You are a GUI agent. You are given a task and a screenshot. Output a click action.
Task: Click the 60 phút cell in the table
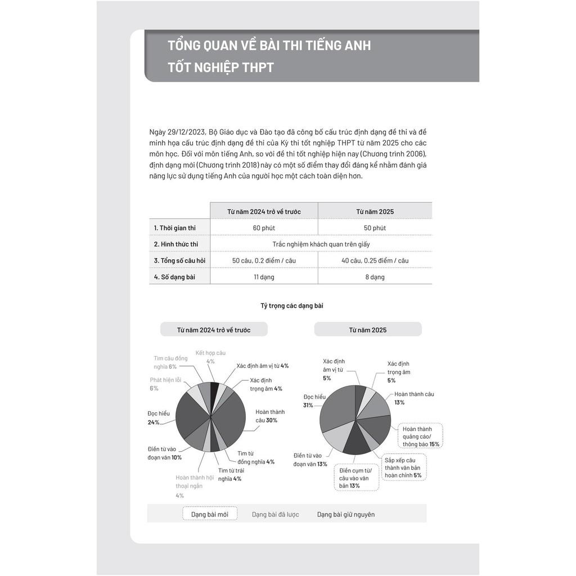[264, 228]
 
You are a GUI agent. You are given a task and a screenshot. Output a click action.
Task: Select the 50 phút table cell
[375, 228]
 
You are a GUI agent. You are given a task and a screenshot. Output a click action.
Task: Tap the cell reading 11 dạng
[264, 277]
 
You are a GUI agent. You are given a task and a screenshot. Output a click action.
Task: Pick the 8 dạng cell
[375, 277]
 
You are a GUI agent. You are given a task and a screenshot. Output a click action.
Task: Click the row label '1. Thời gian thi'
[174, 228]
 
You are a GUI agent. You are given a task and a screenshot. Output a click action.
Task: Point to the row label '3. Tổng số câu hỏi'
[179, 260]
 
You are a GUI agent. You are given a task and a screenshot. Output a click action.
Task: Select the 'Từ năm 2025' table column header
[375, 211]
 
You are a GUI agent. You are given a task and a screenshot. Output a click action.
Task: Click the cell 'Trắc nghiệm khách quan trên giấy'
[321, 244]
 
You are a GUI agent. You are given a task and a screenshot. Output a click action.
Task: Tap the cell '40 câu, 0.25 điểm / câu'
[375, 260]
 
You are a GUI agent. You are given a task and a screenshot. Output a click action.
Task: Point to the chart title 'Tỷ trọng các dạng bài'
[291, 306]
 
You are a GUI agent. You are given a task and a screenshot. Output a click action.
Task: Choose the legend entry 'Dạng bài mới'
[210, 514]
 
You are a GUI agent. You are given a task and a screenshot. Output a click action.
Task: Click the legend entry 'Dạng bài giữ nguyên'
[345, 514]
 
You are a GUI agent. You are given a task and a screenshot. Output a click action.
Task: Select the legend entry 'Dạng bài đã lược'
[275, 514]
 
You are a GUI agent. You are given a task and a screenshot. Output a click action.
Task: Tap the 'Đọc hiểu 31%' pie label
[314, 400]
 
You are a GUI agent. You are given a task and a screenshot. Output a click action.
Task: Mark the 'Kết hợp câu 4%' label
[210, 357]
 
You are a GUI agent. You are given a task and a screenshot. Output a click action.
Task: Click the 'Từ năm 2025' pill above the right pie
[367, 330]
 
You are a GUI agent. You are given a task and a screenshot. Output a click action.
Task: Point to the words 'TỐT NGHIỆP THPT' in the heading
[220, 67]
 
